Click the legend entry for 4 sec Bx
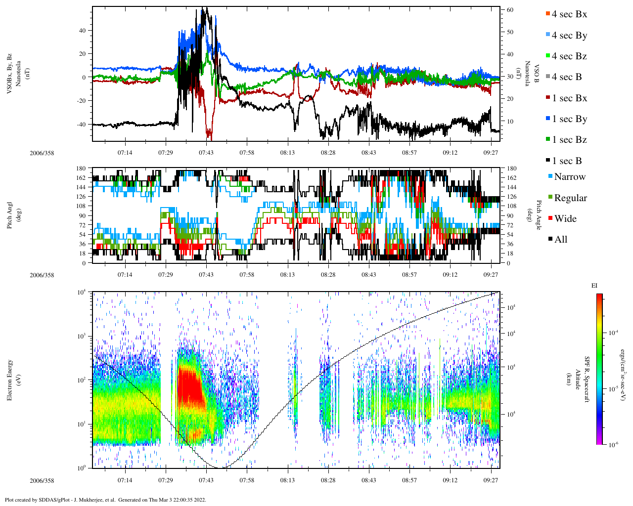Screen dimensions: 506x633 [569, 14]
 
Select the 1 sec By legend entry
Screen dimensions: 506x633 [569, 119]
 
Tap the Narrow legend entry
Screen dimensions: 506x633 [569, 177]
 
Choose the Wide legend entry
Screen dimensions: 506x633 [565, 219]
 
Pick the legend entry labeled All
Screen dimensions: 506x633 [560, 240]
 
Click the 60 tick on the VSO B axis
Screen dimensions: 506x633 [509, 10]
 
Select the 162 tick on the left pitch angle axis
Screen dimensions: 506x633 [81, 178]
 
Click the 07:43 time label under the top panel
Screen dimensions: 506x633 [206, 153]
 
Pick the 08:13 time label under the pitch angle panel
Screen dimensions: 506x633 [287, 275]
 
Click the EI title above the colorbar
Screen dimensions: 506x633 [594, 286]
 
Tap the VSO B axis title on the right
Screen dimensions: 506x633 [531, 74]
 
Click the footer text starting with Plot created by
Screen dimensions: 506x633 [105, 500]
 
